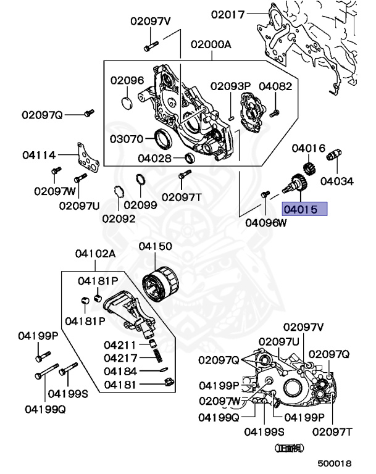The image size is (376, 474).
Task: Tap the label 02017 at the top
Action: pyautogui.click(x=228, y=14)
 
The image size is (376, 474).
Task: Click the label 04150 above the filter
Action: pyautogui.click(x=155, y=246)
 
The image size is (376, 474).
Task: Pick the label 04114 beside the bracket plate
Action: pyautogui.click(x=39, y=156)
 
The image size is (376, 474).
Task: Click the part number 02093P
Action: pyautogui.click(x=230, y=86)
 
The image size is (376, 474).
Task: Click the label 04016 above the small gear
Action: pyautogui.click(x=308, y=148)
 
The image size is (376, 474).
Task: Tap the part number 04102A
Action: pyautogui.click(x=96, y=254)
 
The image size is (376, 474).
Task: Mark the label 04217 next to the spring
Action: pyautogui.click(x=120, y=358)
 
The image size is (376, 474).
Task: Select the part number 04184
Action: pyautogui.click(x=120, y=371)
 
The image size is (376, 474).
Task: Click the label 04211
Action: pyautogui.click(x=120, y=345)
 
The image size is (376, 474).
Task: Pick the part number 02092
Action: pyautogui.click(x=118, y=217)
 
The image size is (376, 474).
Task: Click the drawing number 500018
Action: pyautogui.click(x=335, y=462)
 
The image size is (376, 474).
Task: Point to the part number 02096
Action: pyautogui.click(x=127, y=80)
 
